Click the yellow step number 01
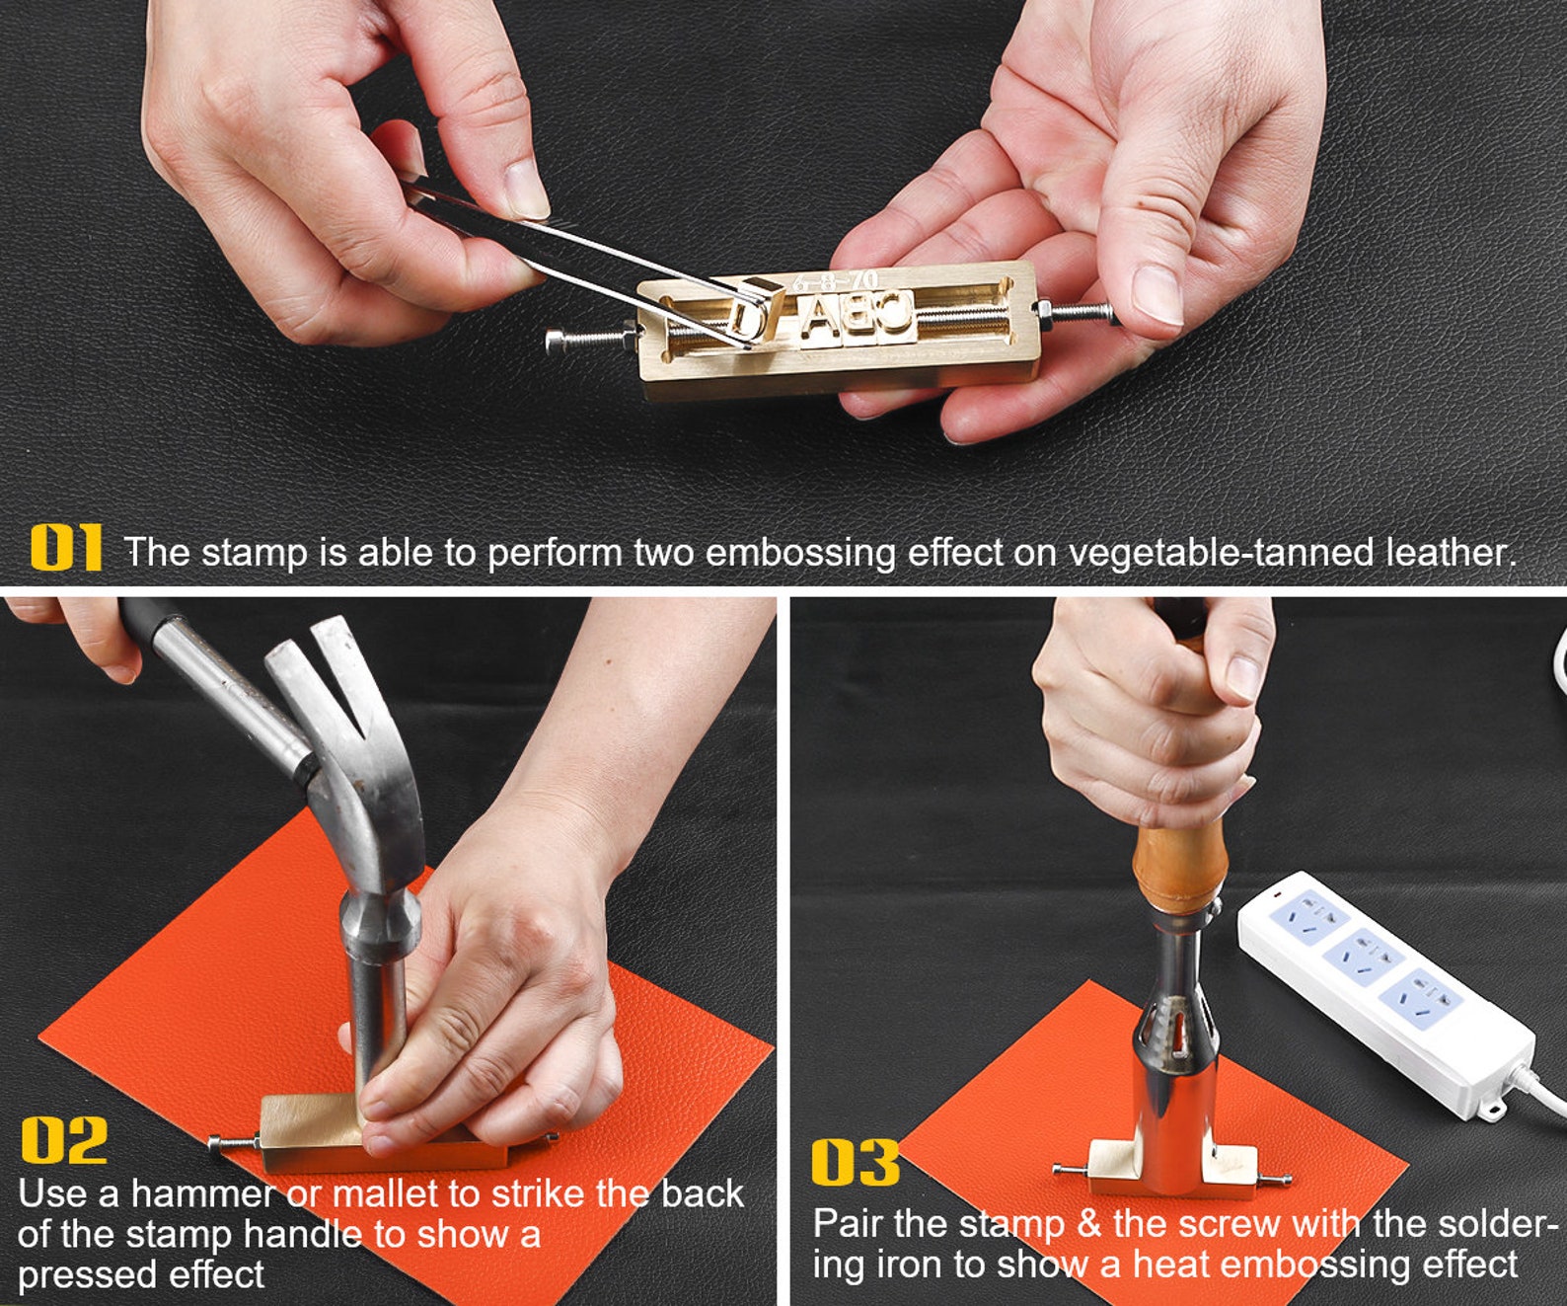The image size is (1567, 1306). [x=66, y=548]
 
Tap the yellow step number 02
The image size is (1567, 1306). [x=64, y=1139]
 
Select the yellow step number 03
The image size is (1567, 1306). [x=856, y=1163]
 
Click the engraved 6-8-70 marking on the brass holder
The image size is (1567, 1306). [x=835, y=282]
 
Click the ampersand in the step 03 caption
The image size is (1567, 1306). [x=1089, y=1225]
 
